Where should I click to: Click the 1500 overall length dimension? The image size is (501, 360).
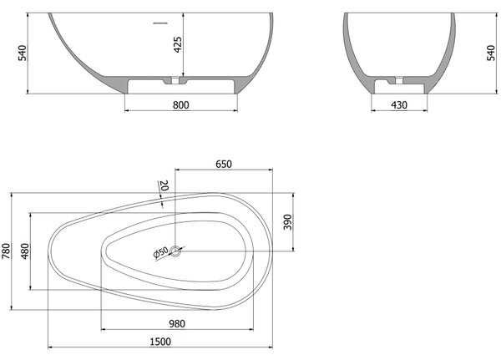coord(160,342)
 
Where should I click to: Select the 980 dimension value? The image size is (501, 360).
coord(177,324)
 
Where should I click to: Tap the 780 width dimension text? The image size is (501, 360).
coord(6,251)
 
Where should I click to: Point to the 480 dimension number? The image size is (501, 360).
coord(24,251)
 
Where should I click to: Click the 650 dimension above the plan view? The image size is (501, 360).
coord(223,164)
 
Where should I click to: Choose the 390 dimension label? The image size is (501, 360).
coord(287,222)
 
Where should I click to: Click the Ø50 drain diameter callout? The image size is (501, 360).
coord(160,252)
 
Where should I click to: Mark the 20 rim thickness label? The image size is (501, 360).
coord(164,185)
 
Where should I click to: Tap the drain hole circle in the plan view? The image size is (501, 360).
coord(175,251)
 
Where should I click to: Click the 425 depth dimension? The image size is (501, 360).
coord(177,44)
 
